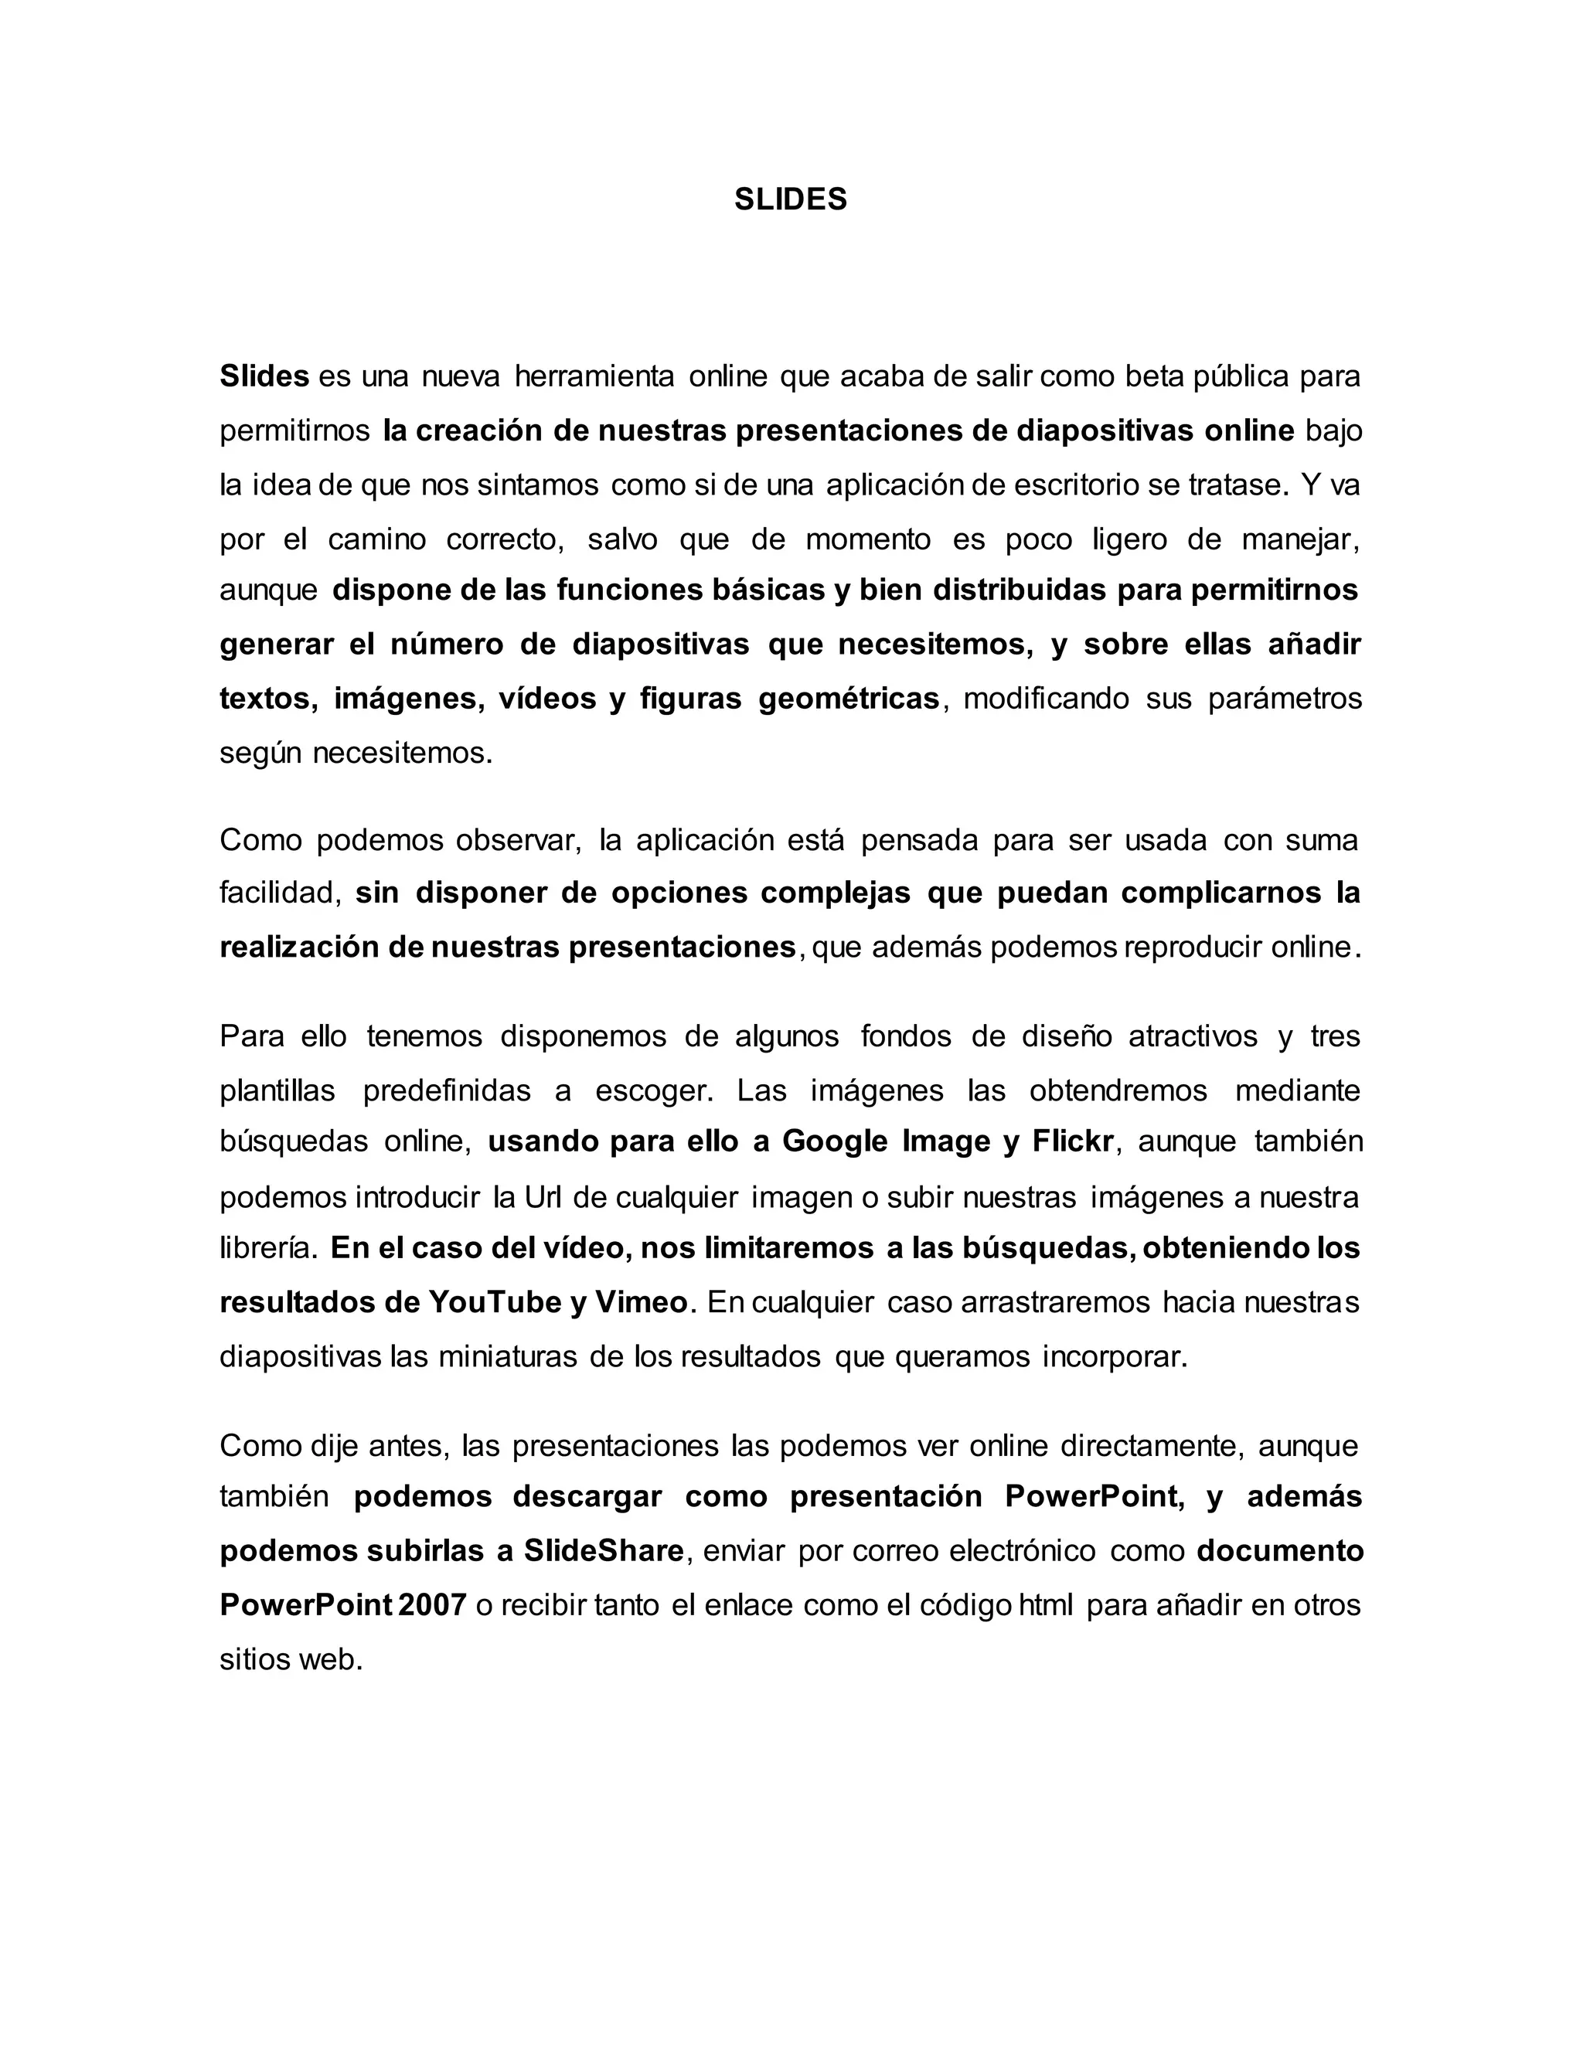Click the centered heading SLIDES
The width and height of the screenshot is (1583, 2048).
click(791, 199)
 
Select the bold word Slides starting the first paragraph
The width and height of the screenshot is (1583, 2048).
click(264, 376)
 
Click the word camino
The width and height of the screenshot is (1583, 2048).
click(377, 539)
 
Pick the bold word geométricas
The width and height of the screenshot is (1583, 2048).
click(848, 699)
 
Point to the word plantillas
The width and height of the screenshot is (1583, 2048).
click(277, 1090)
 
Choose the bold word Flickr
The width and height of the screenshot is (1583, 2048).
click(1073, 1141)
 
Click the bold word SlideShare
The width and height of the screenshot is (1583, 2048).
click(604, 1551)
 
